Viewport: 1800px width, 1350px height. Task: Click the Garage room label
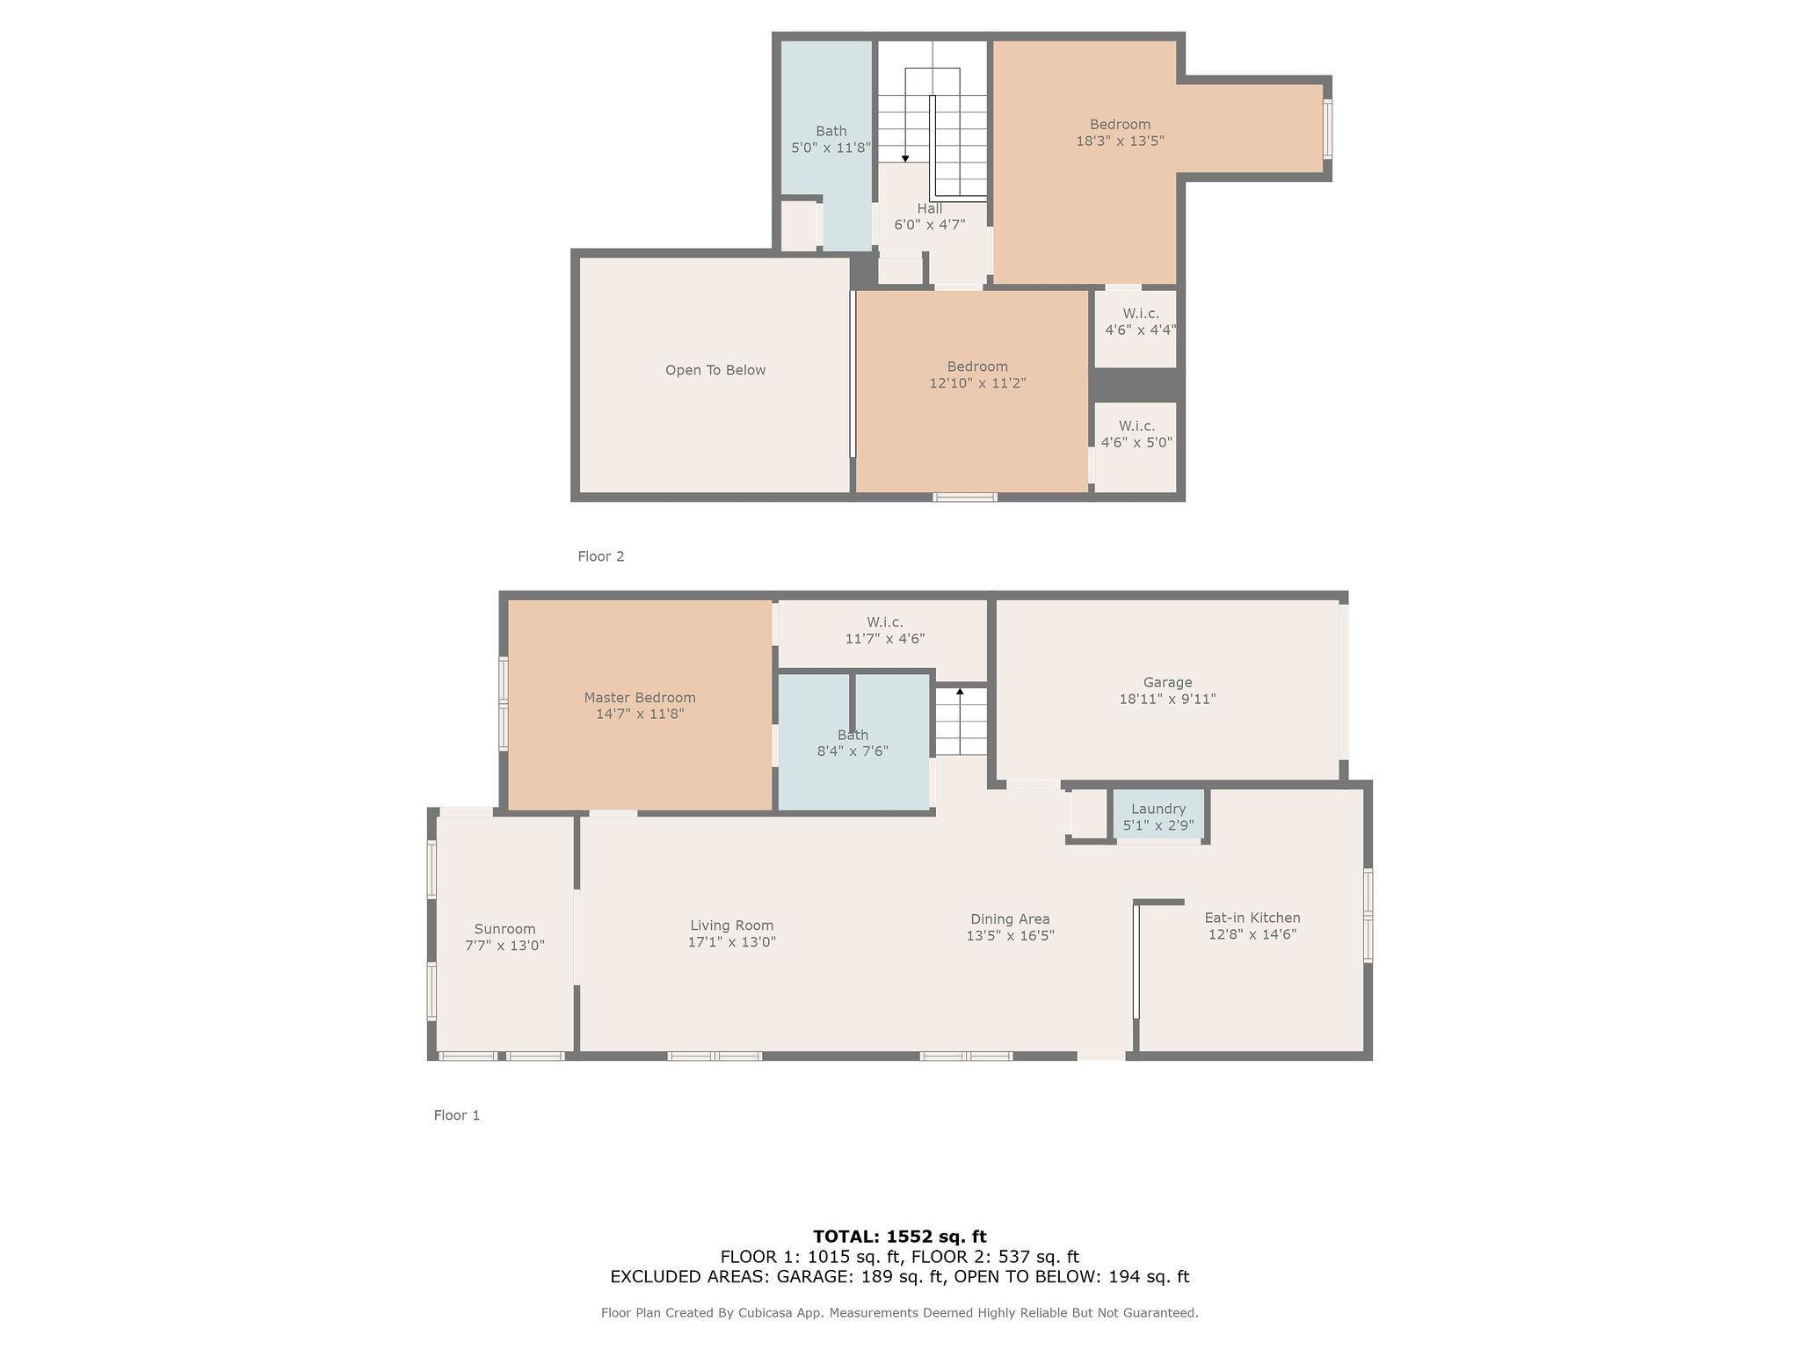click(x=1167, y=682)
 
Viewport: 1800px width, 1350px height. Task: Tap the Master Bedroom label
click(x=640, y=698)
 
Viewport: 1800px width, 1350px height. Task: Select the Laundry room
click(x=1158, y=817)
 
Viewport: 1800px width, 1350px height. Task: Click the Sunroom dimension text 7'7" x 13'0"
click(x=504, y=946)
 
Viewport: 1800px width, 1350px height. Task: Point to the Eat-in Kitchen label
click(x=1252, y=918)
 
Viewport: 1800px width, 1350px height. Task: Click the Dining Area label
click(x=1010, y=919)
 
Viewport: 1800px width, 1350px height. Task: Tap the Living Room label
click(x=731, y=925)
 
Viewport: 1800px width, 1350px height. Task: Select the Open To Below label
click(x=715, y=370)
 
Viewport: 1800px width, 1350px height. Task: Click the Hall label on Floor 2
click(x=930, y=208)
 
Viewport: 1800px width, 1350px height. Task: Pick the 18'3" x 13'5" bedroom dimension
click(x=1121, y=141)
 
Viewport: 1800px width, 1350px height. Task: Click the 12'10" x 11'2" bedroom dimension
click(x=977, y=383)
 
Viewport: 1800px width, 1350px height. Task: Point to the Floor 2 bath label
click(x=831, y=132)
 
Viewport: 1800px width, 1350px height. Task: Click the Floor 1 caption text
click(x=457, y=1115)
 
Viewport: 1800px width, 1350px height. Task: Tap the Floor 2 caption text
click(x=601, y=556)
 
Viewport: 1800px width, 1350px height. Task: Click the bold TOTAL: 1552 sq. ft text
click(x=900, y=1237)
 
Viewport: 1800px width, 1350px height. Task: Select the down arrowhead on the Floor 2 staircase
click(x=905, y=158)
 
